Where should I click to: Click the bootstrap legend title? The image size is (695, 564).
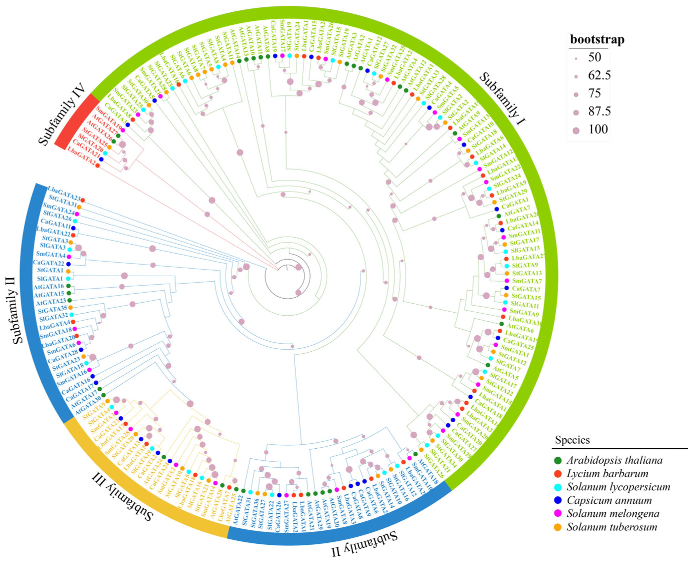pyautogui.click(x=597, y=40)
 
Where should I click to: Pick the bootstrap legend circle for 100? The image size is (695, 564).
pyautogui.click(x=576, y=131)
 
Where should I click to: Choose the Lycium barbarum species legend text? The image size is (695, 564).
pyautogui.click(x=607, y=474)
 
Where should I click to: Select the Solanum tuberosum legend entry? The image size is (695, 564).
pyautogui.click(x=612, y=527)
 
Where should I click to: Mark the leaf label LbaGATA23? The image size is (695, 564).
pyautogui.click(x=64, y=193)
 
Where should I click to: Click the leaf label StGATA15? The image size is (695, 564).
pyautogui.click(x=526, y=297)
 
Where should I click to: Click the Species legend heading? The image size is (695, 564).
pyautogui.click(x=572, y=440)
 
